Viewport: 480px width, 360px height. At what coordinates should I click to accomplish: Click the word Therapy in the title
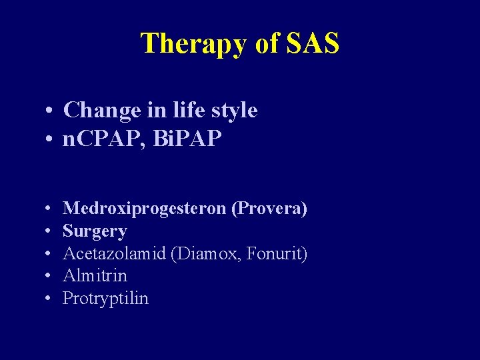[x=193, y=44]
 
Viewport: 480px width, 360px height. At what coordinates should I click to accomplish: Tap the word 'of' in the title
[x=267, y=43]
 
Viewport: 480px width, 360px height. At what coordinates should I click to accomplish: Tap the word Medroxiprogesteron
[x=145, y=209]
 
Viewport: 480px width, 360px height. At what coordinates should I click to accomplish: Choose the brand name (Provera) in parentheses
[x=269, y=209]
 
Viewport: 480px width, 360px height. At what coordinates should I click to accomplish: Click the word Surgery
[x=95, y=231]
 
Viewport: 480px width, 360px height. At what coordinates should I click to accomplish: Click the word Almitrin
[x=95, y=275]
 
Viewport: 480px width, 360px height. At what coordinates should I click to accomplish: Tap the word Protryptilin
[x=105, y=298]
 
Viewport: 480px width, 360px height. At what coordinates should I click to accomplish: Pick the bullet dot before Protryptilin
[x=50, y=299]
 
